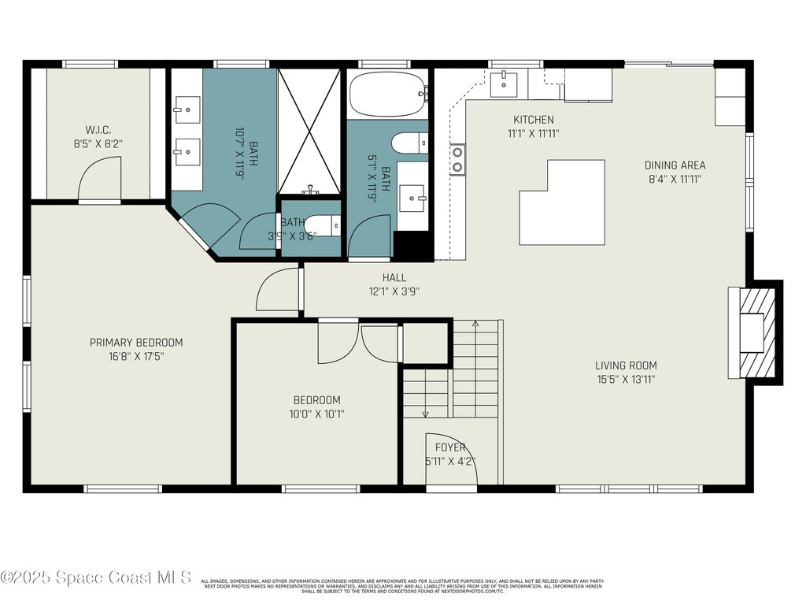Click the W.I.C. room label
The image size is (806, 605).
tap(98, 129)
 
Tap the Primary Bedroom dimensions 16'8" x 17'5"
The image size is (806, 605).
tap(136, 356)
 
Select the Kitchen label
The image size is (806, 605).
tap(534, 120)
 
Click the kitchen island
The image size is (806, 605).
tap(562, 202)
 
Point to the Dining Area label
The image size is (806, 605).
tap(675, 165)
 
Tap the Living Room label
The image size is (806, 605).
tap(626, 366)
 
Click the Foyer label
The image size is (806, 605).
tap(451, 447)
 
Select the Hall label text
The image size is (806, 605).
tap(394, 277)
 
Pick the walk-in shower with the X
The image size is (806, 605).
tap(309, 131)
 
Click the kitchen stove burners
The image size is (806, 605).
tap(457, 159)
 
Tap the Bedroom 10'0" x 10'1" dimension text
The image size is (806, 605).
tap(318, 414)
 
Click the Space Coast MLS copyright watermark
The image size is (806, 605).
tap(96, 577)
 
